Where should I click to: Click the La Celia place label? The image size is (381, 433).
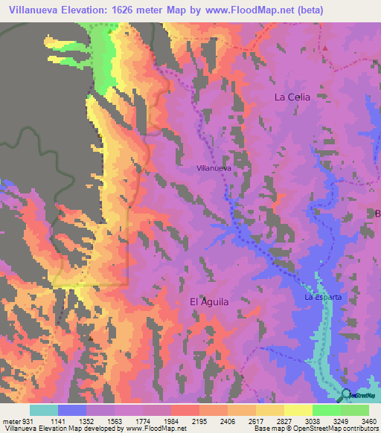coord(291,97)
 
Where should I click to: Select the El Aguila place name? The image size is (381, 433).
coord(209,301)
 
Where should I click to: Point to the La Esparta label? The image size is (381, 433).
coord(323,297)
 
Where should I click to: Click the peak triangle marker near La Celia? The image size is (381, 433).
coord(325,48)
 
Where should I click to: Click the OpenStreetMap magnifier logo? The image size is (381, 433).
coord(347,395)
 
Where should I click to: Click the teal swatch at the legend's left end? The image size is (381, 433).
coord(43,409)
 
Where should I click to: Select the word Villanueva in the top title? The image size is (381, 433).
coord(30,11)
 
